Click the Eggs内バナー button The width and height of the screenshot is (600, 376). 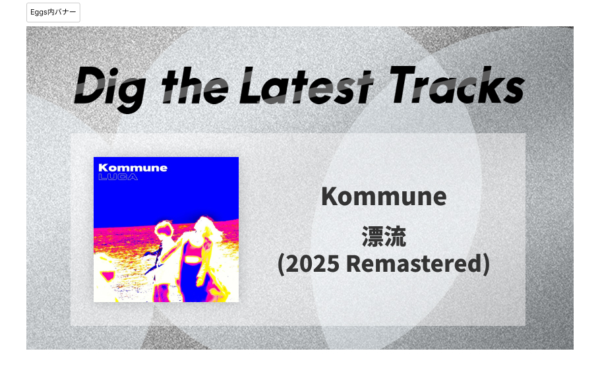pos(53,13)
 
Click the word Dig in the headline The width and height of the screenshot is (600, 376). pos(110,89)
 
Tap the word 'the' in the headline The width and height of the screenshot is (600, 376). pos(195,86)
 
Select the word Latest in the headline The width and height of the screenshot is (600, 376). pos(306,86)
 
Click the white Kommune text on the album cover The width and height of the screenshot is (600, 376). pos(133,168)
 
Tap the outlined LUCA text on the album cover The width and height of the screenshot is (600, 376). pos(118,177)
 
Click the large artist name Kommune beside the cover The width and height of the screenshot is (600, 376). pos(384,197)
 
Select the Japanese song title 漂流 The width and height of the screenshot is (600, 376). pos(384,237)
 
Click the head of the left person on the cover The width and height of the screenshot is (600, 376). pos(165,229)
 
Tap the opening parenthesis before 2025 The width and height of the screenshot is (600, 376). pos(281,265)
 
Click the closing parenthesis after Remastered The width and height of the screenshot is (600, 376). pos(486,265)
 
